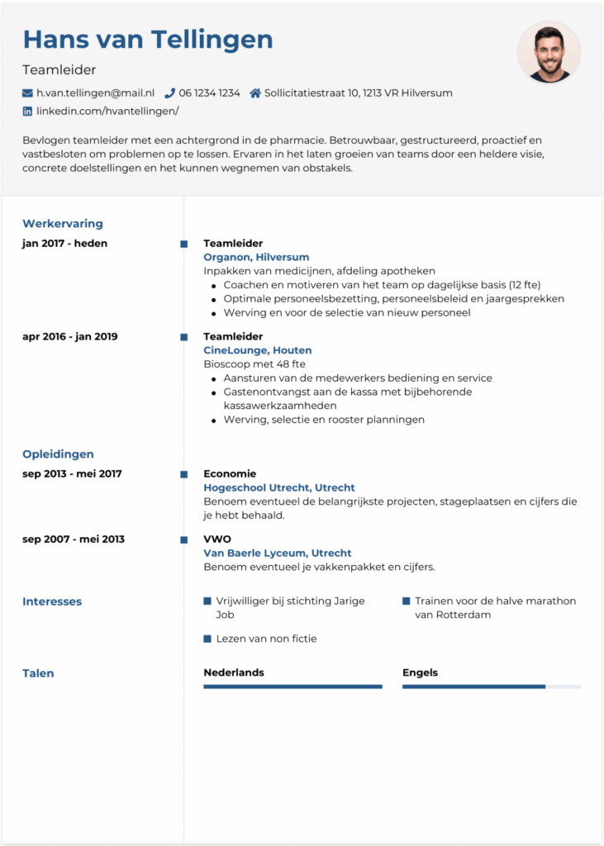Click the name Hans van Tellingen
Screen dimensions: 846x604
148,40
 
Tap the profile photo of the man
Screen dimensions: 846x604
549,52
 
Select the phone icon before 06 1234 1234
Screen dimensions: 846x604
170,93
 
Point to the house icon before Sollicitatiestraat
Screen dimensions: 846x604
255,93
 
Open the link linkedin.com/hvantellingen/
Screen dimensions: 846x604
107,111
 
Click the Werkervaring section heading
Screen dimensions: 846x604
63,224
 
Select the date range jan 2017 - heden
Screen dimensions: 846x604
64,244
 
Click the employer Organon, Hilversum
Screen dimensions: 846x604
256,257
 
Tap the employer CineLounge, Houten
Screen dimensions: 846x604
258,350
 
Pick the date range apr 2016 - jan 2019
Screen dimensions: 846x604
70,337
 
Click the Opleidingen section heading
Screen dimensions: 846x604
58,454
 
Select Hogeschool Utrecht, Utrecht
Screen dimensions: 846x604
279,487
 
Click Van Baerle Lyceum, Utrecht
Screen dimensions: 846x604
278,553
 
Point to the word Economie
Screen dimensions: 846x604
230,474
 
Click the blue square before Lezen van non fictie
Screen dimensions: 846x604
207,639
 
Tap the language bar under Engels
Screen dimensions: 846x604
491,687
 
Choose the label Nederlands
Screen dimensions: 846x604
234,673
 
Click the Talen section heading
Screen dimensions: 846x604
38,673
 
